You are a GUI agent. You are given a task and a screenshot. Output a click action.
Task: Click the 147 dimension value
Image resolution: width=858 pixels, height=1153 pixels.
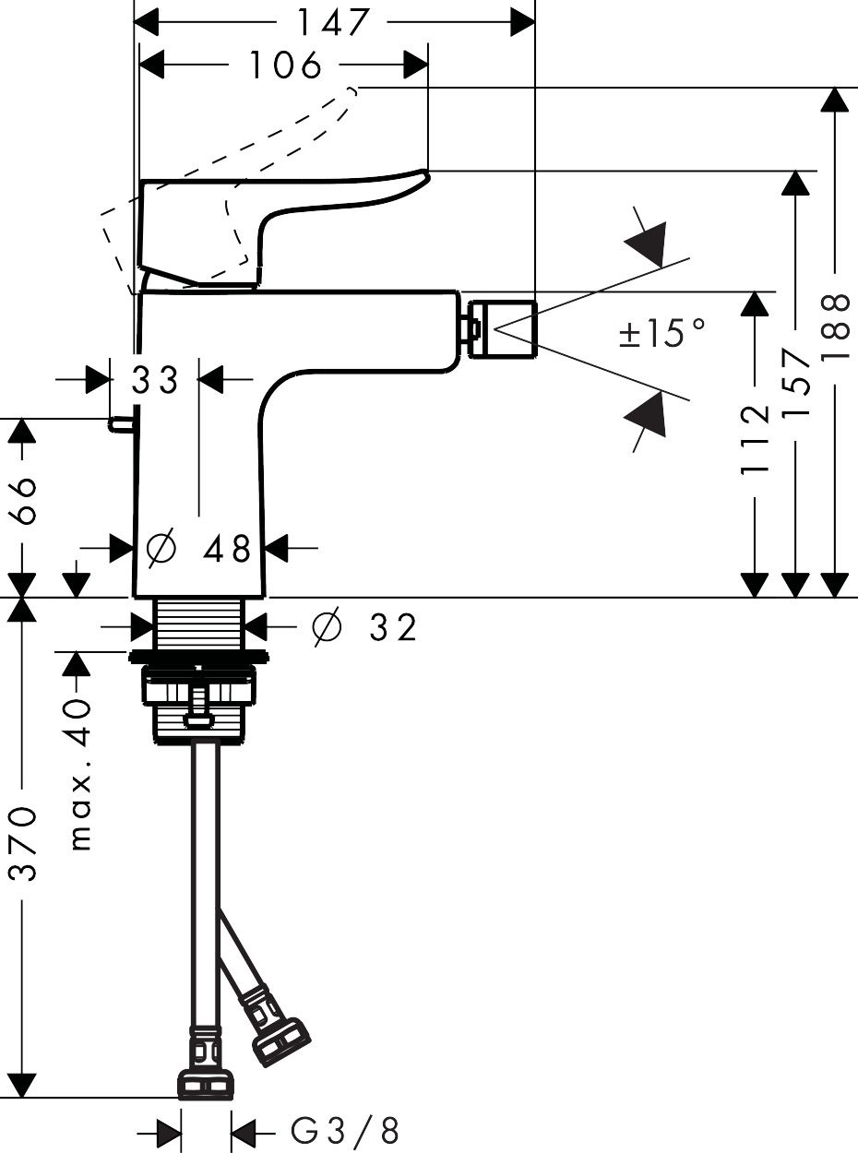333,21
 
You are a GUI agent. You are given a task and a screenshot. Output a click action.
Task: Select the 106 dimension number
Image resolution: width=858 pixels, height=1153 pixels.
285,65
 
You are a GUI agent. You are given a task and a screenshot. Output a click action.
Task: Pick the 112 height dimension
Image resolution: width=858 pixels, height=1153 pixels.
756,438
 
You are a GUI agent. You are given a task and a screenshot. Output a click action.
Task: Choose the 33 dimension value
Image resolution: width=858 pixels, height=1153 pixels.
154,379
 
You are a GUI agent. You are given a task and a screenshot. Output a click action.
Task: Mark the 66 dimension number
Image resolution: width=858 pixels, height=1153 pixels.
25,500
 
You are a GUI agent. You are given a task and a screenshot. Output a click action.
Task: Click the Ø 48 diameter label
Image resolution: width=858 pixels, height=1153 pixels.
199,549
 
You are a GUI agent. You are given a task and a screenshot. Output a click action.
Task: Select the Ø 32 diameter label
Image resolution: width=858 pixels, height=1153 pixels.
365,627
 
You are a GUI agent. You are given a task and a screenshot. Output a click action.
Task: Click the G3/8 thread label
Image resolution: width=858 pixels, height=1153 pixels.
345,1130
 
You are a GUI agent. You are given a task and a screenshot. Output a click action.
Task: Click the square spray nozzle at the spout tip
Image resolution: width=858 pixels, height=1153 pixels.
502,328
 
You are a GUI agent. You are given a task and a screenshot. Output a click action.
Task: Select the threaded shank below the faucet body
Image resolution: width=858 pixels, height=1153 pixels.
198,624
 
